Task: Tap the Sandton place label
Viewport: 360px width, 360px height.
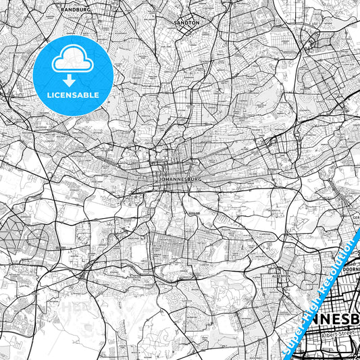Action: [x=187, y=23]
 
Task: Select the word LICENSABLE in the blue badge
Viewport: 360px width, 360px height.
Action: [x=72, y=95]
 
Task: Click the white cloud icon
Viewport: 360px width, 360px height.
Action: [x=72, y=59]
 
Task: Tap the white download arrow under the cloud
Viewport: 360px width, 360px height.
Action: [x=72, y=76]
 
